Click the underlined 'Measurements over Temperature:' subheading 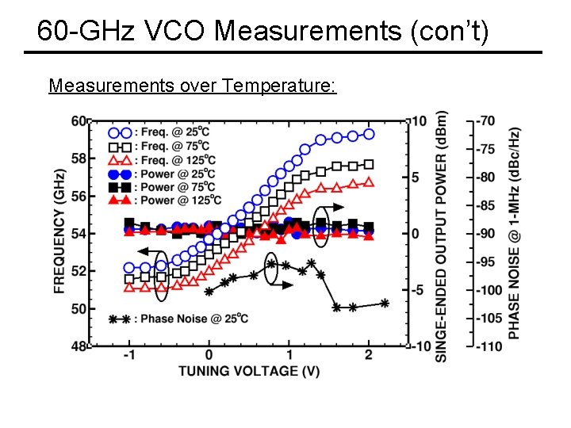pyautogui.click(x=192, y=85)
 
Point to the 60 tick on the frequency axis pyautogui.click(x=79, y=121)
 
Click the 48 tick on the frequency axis pyautogui.click(x=79, y=346)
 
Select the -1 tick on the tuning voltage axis pyautogui.click(x=129, y=357)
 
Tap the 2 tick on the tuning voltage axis pyautogui.click(x=370, y=357)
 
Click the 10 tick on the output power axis pyautogui.click(x=419, y=121)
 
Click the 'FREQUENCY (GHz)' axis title pyautogui.click(x=59, y=232)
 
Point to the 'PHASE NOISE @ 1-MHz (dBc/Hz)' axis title pyautogui.click(x=515, y=234)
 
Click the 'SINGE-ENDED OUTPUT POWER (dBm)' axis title pyautogui.click(x=442, y=235)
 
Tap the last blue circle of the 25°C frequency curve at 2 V pyautogui.click(x=369, y=134)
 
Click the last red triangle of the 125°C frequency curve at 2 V pyautogui.click(x=369, y=182)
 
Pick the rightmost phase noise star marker pyautogui.click(x=385, y=303)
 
